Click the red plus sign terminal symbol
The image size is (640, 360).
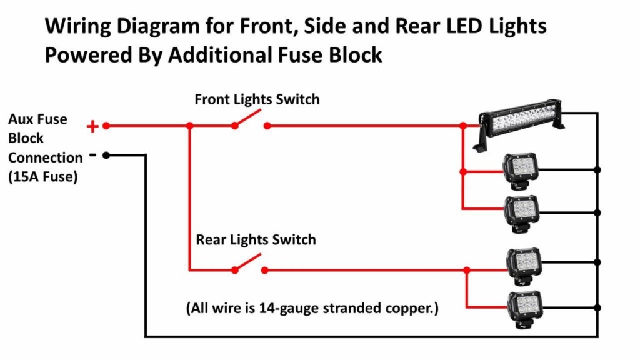point(92,126)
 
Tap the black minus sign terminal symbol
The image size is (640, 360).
point(92,153)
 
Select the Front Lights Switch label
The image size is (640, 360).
point(257,99)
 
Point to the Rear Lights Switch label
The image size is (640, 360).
point(256,240)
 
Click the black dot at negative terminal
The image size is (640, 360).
point(106,155)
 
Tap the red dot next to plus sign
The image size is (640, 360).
point(106,126)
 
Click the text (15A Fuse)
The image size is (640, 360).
point(43,177)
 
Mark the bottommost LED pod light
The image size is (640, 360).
point(524,309)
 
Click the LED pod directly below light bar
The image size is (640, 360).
point(521,170)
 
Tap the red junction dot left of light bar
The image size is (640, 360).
point(462,126)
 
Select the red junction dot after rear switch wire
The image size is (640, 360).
point(466,270)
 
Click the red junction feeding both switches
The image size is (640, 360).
point(189,126)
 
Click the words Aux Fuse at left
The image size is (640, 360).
point(37,119)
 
